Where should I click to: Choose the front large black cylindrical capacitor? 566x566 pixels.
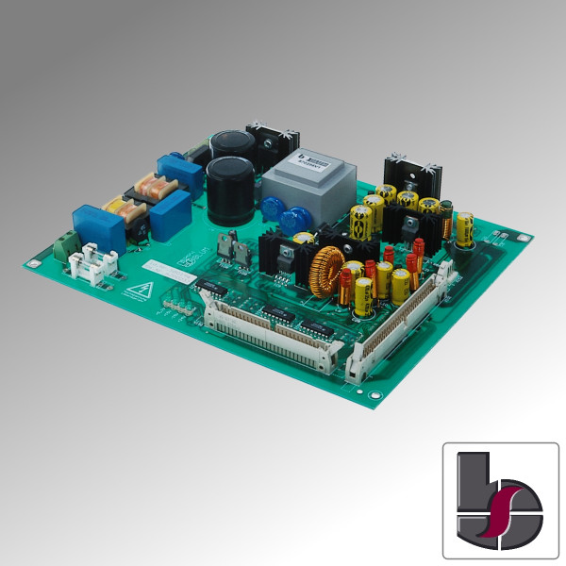pyautogui.click(x=231, y=189)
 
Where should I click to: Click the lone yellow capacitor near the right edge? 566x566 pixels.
pyautogui.click(x=465, y=229)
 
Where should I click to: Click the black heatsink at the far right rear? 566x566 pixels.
pyautogui.click(x=412, y=170)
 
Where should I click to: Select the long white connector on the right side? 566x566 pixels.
pyautogui.click(x=401, y=321)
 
